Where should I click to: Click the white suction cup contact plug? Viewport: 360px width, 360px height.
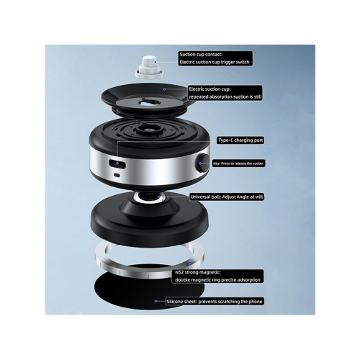pos(149,67)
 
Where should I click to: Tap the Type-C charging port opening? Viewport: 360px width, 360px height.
pos(117,163)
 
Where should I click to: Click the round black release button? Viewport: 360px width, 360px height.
pos(204,163)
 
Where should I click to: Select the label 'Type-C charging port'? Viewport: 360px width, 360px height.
pos(240,140)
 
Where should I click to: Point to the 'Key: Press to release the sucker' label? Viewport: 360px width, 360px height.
pos(238,163)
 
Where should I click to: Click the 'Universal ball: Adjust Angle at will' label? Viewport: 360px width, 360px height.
pos(227,197)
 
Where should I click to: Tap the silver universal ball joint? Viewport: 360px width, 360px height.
pos(148,197)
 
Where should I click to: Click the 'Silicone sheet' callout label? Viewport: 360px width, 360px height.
pos(215,302)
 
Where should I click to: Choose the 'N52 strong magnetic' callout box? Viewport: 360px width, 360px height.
pos(217,276)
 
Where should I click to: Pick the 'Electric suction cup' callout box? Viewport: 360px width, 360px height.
pos(225,93)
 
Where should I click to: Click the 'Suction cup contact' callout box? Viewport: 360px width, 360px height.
pos(215,58)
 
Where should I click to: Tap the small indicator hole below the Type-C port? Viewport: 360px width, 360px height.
pos(117,175)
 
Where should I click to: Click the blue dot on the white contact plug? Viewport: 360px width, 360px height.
pos(156,63)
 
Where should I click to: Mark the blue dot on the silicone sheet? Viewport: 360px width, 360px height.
pos(156,301)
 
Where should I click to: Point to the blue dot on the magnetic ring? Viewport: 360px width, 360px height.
pos(190,263)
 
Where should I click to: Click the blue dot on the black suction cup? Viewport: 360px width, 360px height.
pos(164,89)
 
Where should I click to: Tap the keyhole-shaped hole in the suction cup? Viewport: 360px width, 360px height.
pos(150,102)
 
